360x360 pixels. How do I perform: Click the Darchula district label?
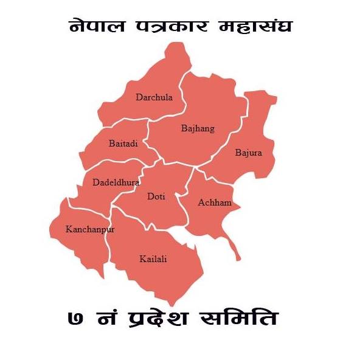[x=154, y=97]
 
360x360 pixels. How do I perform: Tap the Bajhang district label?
[x=198, y=128]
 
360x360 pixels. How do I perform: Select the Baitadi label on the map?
[x=123, y=144]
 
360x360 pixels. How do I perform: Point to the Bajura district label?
[x=248, y=153]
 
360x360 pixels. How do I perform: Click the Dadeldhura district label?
[x=116, y=182]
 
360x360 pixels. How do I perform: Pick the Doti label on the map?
[x=156, y=196]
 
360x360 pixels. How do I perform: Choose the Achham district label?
[x=215, y=202]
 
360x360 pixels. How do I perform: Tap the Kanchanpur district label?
[x=90, y=229]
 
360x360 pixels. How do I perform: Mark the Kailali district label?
[x=153, y=259]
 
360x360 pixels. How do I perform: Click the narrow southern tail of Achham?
[x=232, y=247]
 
